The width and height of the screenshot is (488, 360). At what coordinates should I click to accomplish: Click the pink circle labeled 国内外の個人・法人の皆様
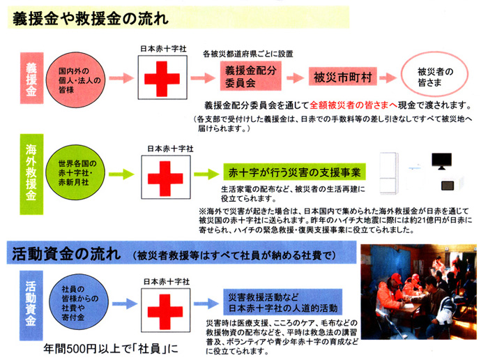point(75,80)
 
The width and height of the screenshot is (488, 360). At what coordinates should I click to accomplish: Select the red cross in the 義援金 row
point(162,78)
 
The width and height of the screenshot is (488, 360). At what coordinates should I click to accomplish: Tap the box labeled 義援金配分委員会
point(250,76)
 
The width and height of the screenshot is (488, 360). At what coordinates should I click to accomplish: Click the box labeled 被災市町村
point(343,76)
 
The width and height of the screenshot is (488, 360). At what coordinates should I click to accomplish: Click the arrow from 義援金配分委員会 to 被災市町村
point(295,77)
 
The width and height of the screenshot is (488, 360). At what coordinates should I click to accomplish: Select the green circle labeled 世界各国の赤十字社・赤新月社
point(75,172)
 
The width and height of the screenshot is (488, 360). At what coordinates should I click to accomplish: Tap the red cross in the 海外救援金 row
point(165,179)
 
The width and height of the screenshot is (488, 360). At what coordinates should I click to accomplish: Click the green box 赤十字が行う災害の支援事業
point(294,172)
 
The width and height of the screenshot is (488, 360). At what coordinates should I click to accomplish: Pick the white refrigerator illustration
point(389,173)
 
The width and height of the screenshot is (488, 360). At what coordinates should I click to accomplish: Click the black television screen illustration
point(441,160)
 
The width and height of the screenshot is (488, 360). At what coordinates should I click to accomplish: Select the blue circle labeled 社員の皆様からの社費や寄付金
point(79,302)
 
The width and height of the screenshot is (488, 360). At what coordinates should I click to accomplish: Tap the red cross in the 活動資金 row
point(165,312)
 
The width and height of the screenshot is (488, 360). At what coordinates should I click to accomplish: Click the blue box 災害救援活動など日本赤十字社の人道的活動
point(282,302)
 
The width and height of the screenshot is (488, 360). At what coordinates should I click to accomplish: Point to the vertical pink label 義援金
point(31,78)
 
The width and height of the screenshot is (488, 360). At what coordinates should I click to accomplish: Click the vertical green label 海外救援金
point(31,174)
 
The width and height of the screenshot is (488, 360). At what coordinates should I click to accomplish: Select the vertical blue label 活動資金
point(31,305)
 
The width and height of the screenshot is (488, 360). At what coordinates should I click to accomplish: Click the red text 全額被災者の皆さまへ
point(353,105)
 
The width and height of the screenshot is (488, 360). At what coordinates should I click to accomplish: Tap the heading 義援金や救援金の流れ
point(91,19)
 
